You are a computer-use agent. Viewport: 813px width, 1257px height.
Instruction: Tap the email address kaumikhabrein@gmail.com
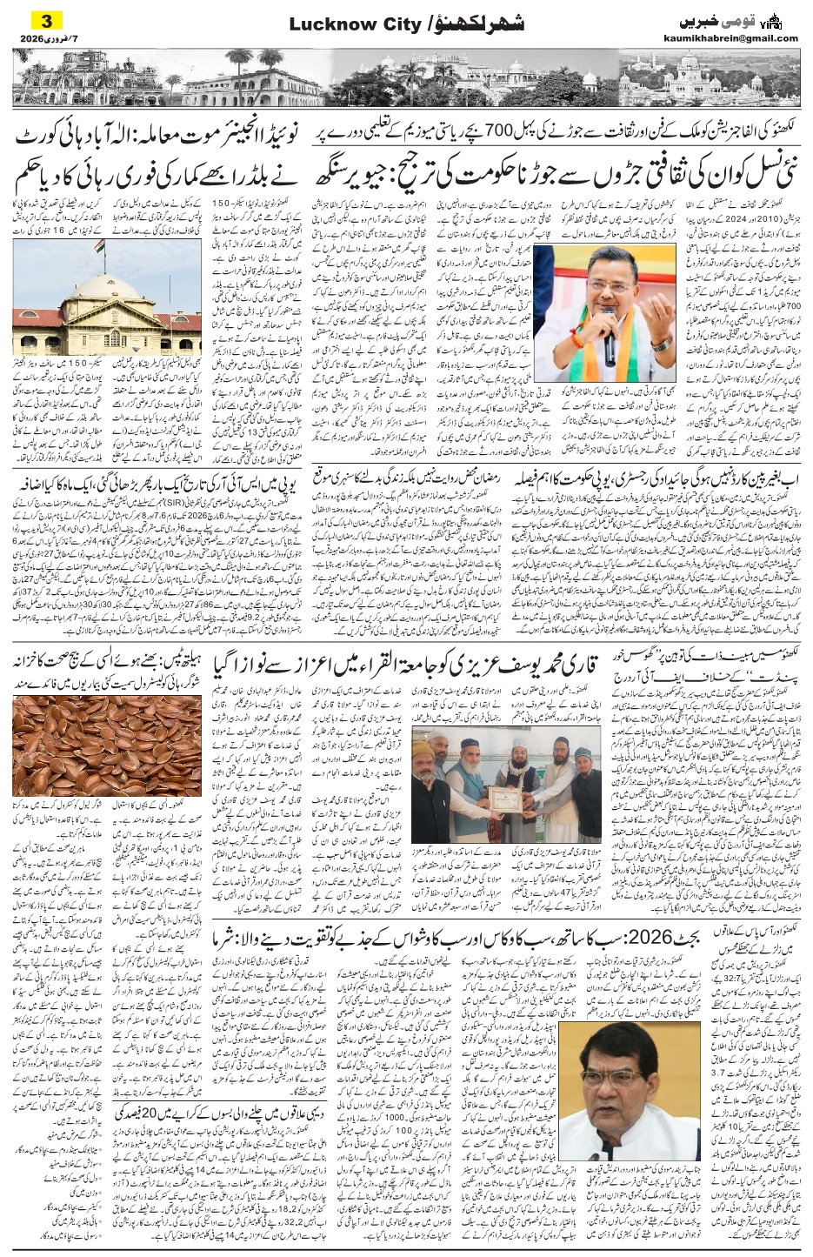(742, 37)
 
